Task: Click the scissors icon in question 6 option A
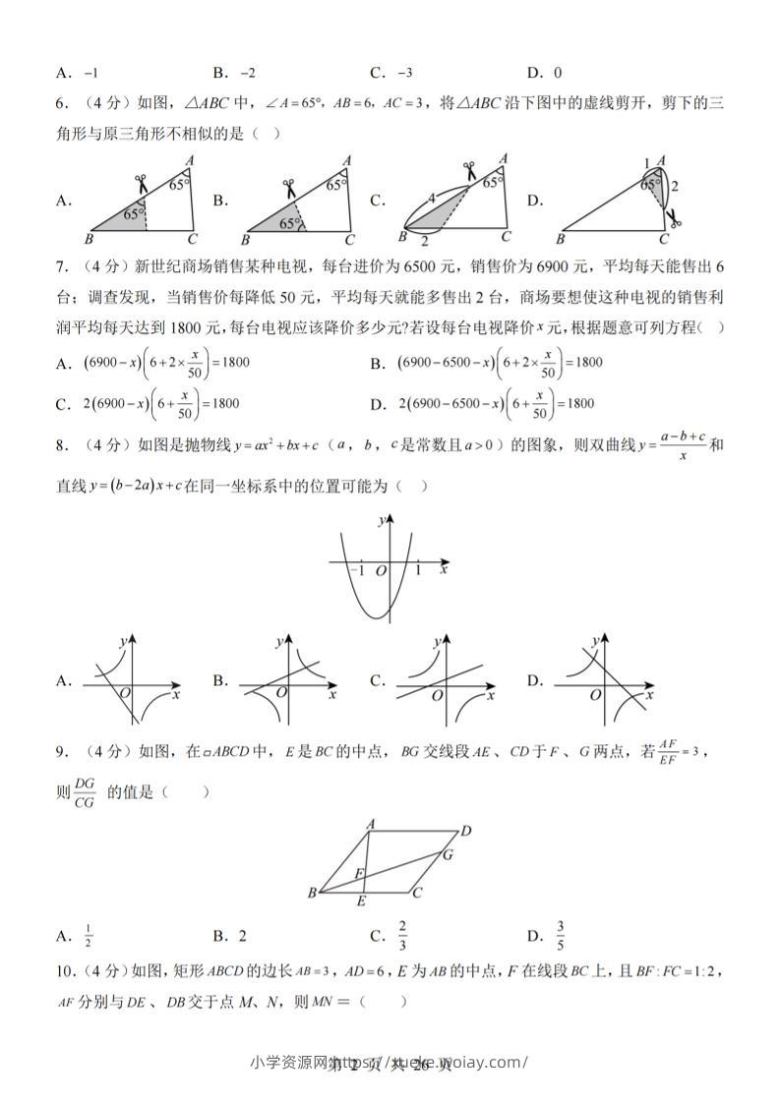point(142,183)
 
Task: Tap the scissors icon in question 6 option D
point(673,217)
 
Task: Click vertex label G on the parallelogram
point(447,854)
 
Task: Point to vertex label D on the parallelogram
point(466,831)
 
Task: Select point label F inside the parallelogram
point(359,873)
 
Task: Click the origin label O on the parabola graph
point(381,570)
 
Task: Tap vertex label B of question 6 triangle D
point(562,239)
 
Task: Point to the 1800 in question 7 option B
point(587,363)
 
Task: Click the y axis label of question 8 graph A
point(122,641)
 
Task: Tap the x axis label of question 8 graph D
point(646,694)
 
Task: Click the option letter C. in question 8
point(377,680)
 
